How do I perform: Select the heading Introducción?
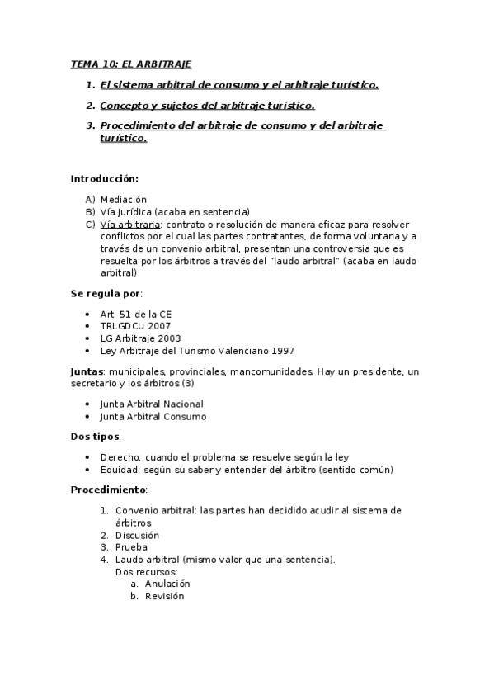tap(104, 178)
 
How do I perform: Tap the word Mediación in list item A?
tap(123, 199)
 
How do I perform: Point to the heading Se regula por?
tap(106, 293)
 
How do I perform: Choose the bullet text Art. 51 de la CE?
tap(136, 314)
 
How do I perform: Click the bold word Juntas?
tap(86, 371)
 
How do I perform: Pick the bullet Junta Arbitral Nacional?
tap(151, 404)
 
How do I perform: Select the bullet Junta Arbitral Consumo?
tap(153, 416)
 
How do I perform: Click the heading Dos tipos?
tap(95, 437)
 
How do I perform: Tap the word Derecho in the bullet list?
tap(120, 457)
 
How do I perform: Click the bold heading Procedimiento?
tap(107, 490)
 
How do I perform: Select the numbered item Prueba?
tap(131, 547)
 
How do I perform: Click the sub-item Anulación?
tap(167, 584)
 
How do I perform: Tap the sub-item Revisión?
tap(164, 596)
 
